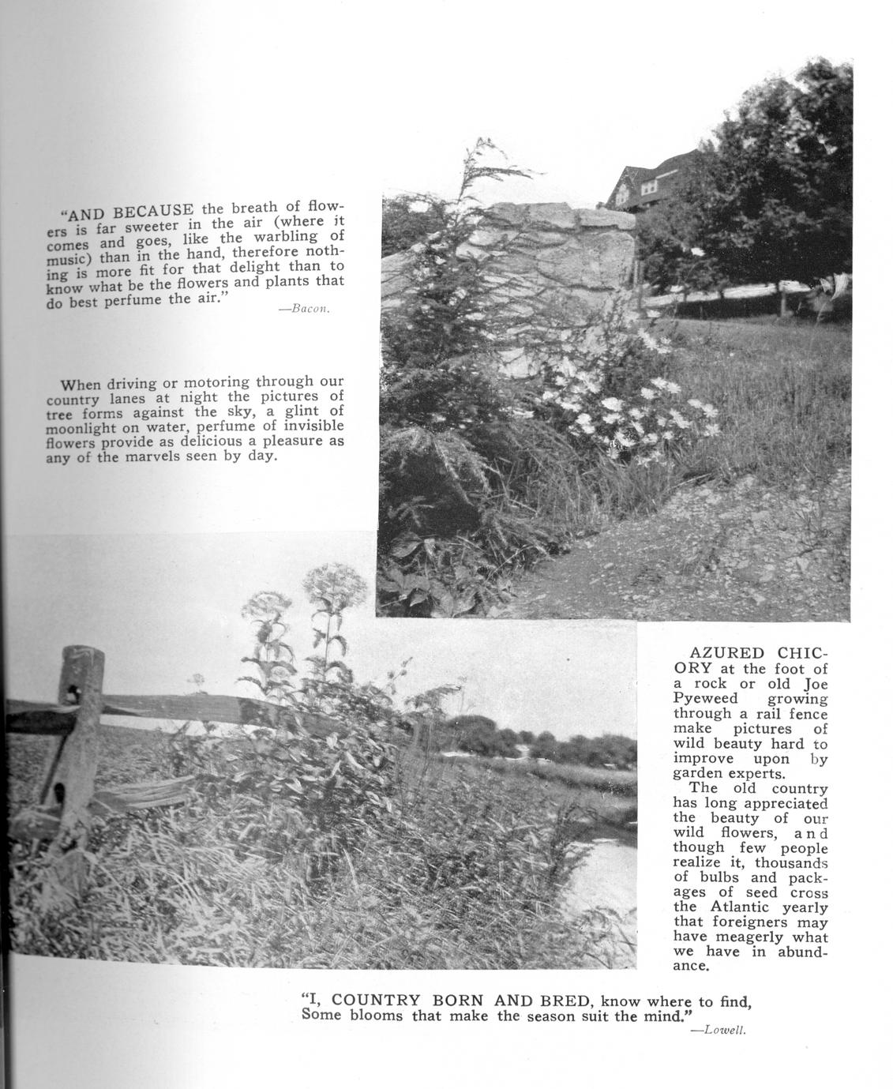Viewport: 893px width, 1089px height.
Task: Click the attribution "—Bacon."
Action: pyautogui.click(x=304, y=309)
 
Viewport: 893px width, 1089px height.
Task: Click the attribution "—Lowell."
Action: pyautogui.click(x=719, y=1030)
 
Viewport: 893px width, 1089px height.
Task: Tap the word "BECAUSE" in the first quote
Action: pyautogui.click(x=155, y=212)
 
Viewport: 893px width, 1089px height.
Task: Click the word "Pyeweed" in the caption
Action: pyautogui.click(x=705, y=698)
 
